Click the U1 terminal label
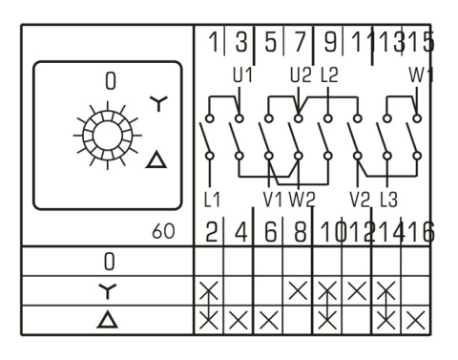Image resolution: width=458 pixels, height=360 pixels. pyautogui.click(x=240, y=73)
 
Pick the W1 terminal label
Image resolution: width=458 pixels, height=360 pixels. pyautogui.click(x=420, y=73)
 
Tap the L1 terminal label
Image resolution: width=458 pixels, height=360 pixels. pyautogui.click(x=212, y=200)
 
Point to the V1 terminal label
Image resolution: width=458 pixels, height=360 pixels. pyautogui.click(x=271, y=200)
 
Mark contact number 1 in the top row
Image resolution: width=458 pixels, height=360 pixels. pyautogui.click(x=213, y=42)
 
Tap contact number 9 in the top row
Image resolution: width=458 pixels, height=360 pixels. pyautogui.click(x=330, y=42)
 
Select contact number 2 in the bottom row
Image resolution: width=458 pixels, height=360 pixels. pyautogui.click(x=213, y=230)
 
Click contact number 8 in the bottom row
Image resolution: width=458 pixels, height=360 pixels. pyautogui.click(x=301, y=230)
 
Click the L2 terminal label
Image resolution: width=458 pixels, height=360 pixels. pyautogui.click(x=329, y=73)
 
